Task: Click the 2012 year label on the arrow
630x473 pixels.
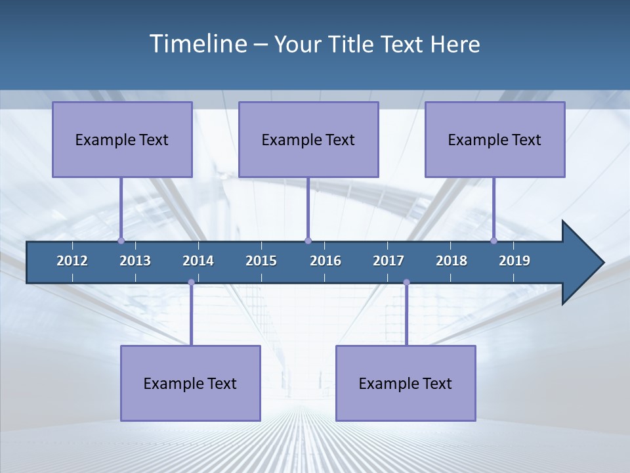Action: [x=72, y=261]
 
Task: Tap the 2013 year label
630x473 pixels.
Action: [x=135, y=261]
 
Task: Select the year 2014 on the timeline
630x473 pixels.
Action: [x=198, y=261]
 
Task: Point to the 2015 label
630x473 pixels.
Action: [x=261, y=261]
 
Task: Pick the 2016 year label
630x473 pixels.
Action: [x=325, y=261]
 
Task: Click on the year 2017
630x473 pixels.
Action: [x=388, y=261]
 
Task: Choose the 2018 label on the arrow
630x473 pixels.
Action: [x=451, y=261]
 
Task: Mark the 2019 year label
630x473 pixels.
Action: [x=514, y=261]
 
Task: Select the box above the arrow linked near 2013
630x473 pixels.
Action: [x=122, y=139]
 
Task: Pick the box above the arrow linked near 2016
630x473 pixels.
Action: [x=308, y=139]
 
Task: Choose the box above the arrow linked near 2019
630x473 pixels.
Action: [x=495, y=139]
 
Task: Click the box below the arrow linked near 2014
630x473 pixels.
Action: [x=190, y=383]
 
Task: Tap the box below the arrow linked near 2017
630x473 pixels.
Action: [x=406, y=383]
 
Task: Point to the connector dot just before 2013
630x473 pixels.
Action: [x=121, y=241]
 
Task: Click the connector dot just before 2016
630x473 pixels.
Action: [x=308, y=241]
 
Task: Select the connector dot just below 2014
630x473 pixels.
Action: [x=191, y=282]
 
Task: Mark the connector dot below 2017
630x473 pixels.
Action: [x=406, y=282]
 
